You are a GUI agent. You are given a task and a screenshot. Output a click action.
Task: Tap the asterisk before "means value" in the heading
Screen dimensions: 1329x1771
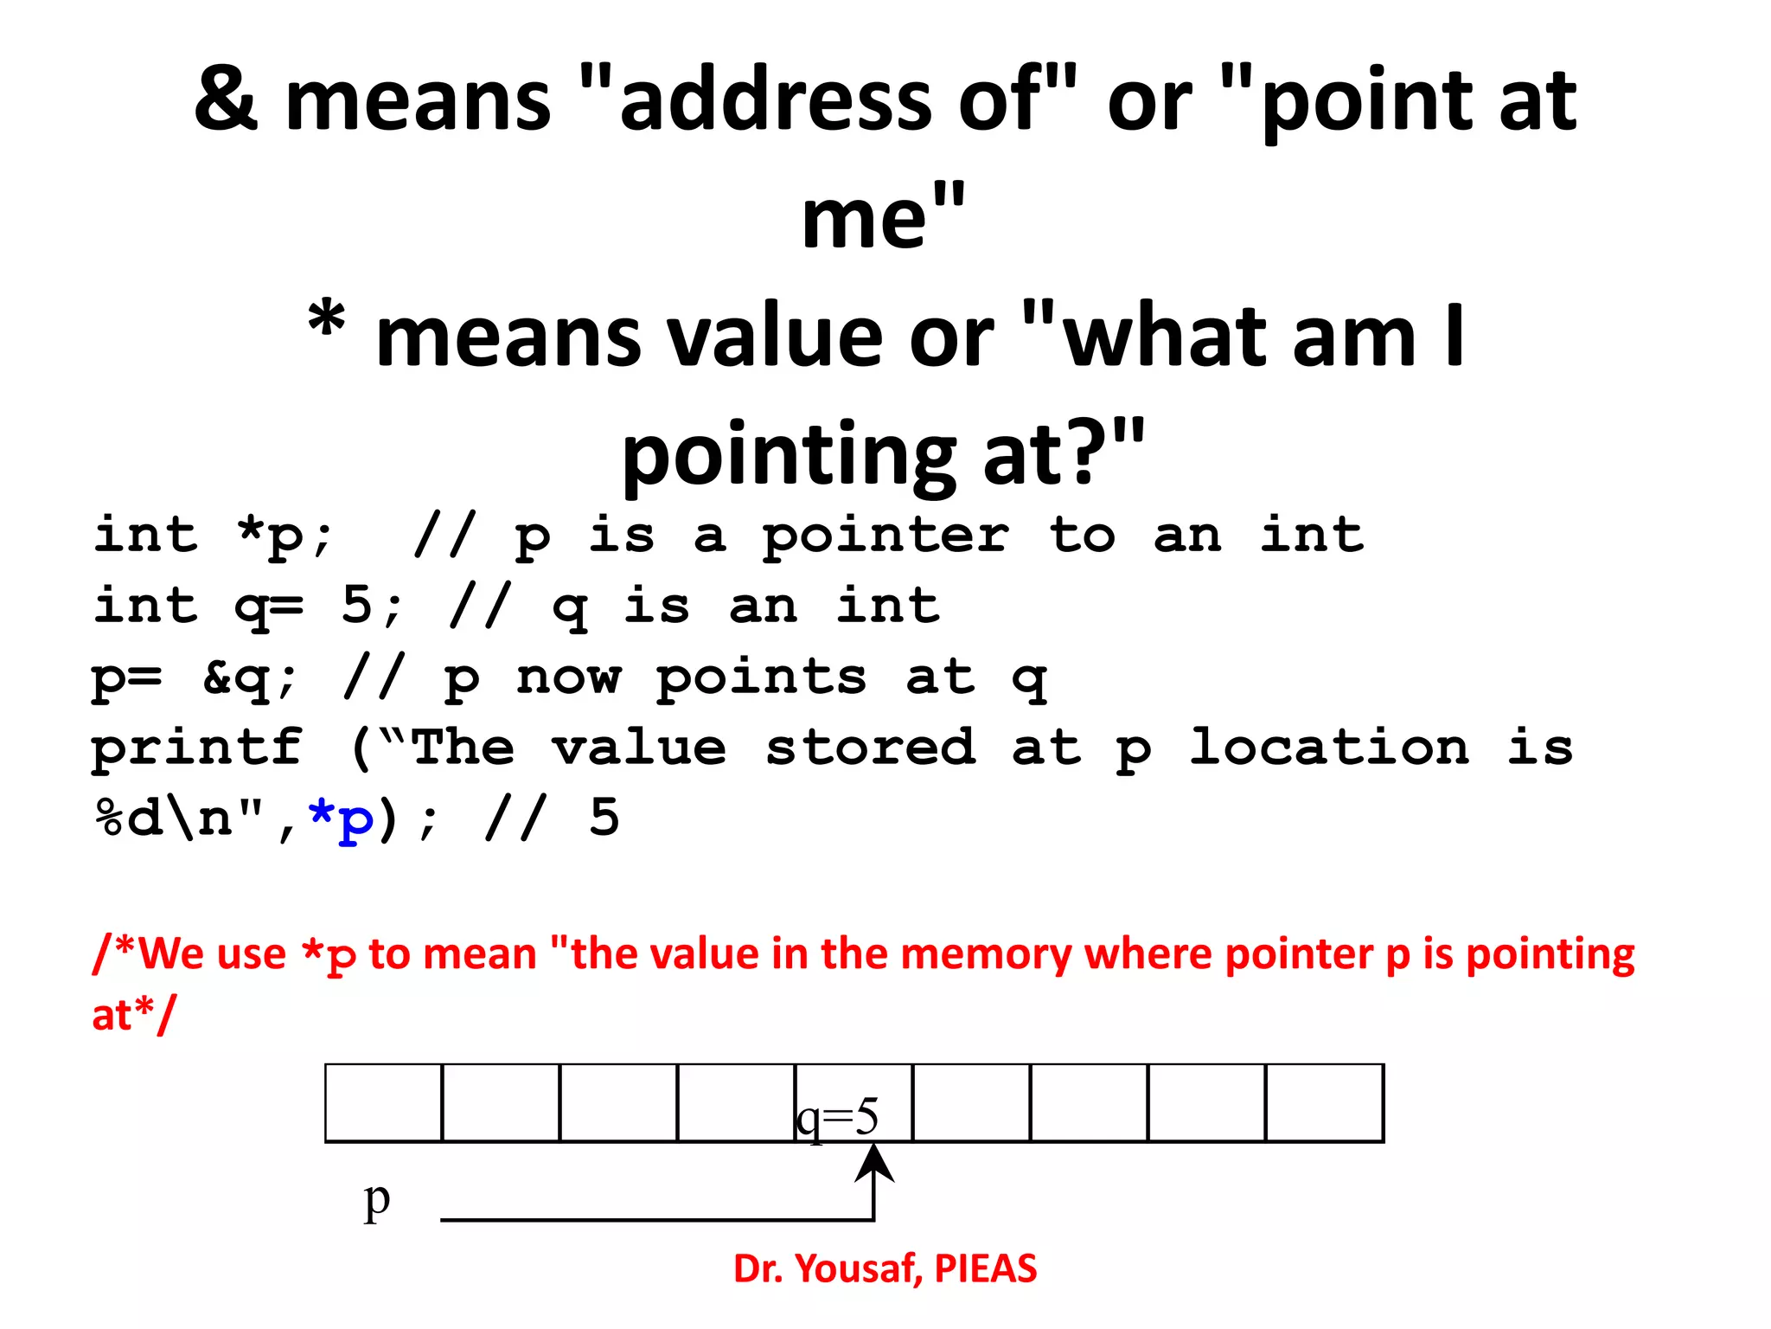(x=328, y=322)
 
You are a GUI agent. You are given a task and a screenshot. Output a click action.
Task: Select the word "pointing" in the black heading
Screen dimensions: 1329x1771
(x=788, y=454)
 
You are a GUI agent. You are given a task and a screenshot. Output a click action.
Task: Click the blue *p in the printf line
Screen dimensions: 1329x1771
(x=342, y=819)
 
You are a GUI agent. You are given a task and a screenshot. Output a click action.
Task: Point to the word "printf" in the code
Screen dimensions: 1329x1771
(x=197, y=748)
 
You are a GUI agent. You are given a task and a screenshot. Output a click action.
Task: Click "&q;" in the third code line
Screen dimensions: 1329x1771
(x=250, y=677)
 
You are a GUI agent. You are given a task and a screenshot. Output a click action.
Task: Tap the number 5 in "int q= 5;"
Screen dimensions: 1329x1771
(x=356, y=605)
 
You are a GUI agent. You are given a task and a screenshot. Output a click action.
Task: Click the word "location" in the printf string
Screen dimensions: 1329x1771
(x=1329, y=748)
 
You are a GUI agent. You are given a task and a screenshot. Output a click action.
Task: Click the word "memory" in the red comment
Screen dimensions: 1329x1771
(x=986, y=954)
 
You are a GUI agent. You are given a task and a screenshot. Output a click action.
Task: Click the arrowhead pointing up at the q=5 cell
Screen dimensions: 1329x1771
(x=874, y=1162)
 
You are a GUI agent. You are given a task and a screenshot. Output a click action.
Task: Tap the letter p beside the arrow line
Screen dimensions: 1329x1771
(x=377, y=1201)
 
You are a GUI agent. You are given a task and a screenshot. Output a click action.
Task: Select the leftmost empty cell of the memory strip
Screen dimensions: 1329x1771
(x=383, y=1103)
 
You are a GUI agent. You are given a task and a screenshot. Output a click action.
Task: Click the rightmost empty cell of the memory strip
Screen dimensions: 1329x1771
(x=1324, y=1103)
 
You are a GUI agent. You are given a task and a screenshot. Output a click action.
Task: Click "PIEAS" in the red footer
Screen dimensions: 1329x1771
(x=986, y=1269)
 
